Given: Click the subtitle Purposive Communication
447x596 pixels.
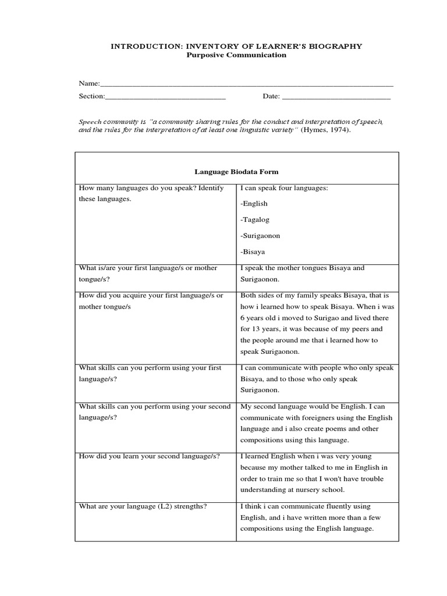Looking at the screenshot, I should [x=236, y=55].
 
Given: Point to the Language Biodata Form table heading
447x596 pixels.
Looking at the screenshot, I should [x=236, y=172].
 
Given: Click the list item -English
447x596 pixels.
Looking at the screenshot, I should [x=254, y=204].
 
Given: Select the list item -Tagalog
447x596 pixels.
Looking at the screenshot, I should [x=255, y=220].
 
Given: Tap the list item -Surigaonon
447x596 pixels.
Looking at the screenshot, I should [x=260, y=236].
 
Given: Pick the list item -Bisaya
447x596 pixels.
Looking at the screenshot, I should [x=253, y=252].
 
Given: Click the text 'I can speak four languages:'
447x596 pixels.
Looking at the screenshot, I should [x=284, y=188].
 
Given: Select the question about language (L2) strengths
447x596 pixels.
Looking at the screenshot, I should [x=143, y=506].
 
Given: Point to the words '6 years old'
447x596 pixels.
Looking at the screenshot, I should [x=258, y=318].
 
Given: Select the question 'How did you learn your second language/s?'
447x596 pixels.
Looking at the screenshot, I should [x=149, y=456].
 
